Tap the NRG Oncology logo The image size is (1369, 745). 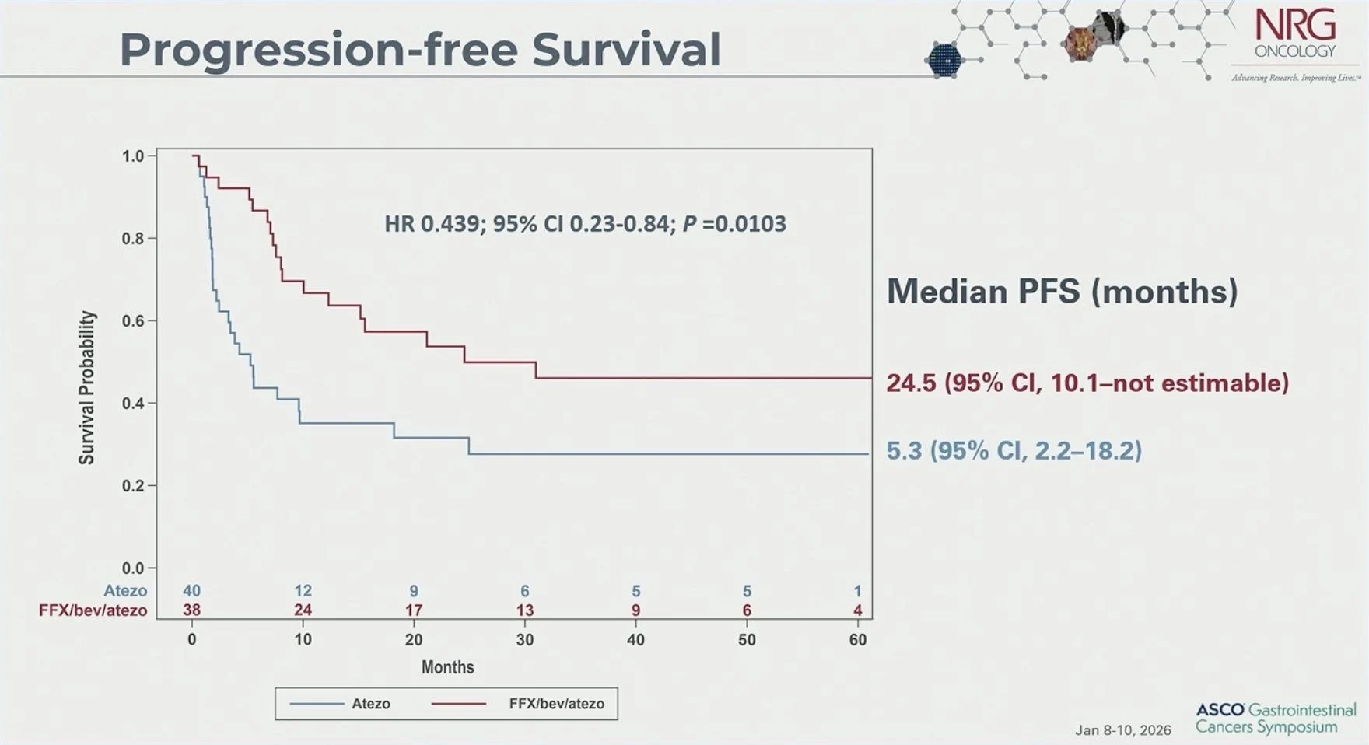pyautogui.click(x=1295, y=37)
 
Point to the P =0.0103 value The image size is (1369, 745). pyautogui.click(x=734, y=224)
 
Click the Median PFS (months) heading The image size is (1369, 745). pyautogui.click(x=1062, y=291)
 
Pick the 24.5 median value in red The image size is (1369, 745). pyautogui.click(x=911, y=383)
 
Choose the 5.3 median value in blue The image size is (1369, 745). pyautogui.click(x=904, y=450)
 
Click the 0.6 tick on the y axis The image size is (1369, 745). pyautogui.click(x=133, y=321)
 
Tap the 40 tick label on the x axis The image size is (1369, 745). pyautogui.click(x=635, y=639)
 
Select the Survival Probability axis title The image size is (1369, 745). pyautogui.click(x=86, y=387)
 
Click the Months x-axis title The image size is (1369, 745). pyautogui.click(x=447, y=667)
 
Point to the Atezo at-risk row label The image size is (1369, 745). pyautogui.click(x=125, y=591)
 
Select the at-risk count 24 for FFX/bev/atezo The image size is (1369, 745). pyautogui.click(x=303, y=610)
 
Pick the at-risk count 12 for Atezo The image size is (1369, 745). pyautogui.click(x=303, y=591)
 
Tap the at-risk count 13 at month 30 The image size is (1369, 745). pyautogui.click(x=525, y=610)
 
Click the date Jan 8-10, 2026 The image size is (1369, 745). pyautogui.click(x=1122, y=730)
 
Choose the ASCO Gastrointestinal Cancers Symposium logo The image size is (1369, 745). pyautogui.click(x=1275, y=719)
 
